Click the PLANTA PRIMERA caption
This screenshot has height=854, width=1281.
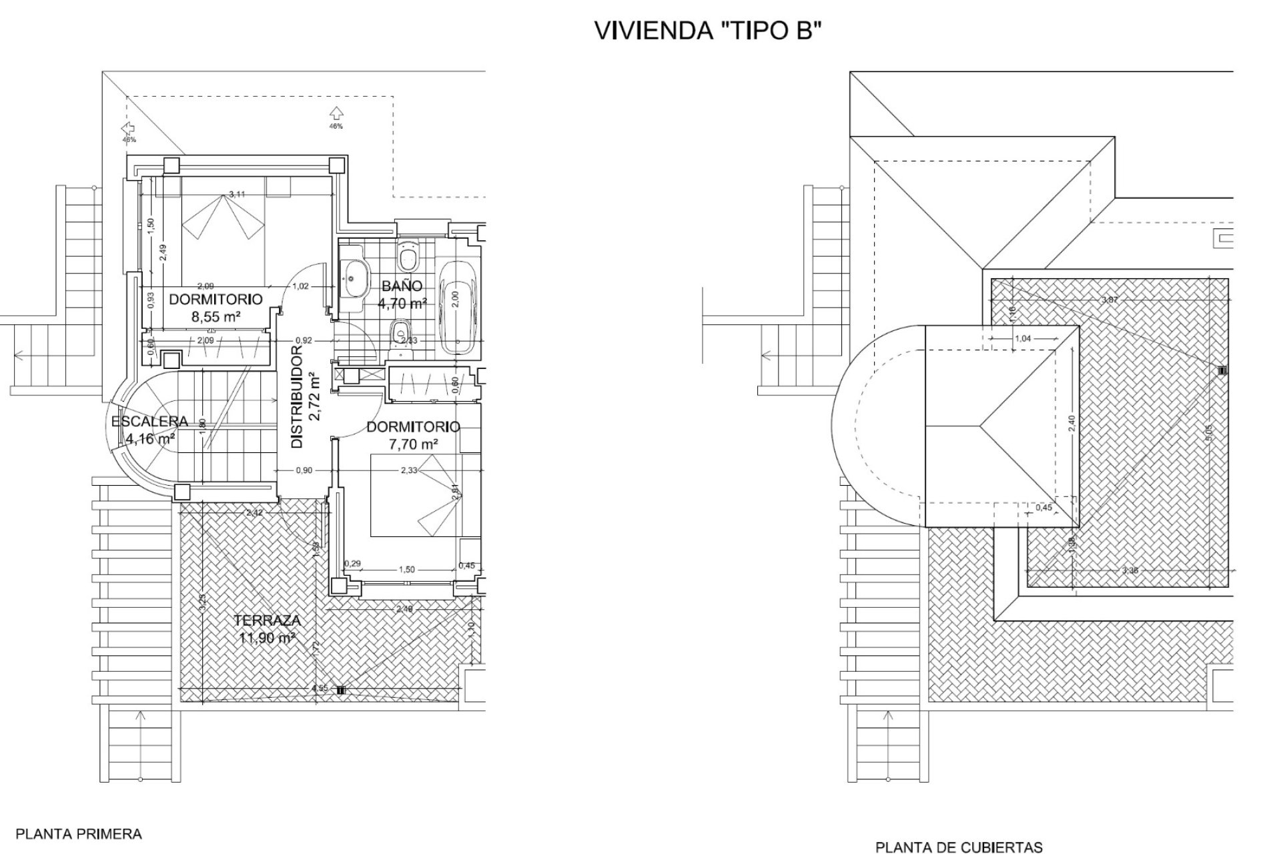(79, 834)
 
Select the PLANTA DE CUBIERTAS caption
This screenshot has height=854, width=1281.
(959, 848)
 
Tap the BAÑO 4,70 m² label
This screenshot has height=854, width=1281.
(402, 295)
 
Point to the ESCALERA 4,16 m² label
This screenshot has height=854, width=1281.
(149, 430)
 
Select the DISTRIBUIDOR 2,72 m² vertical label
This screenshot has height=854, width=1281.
(306, 396)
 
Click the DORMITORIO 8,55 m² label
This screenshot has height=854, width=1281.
(216, 308)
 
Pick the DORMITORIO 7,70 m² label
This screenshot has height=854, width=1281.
(413, 434)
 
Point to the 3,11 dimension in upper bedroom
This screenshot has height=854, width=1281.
(237, 194)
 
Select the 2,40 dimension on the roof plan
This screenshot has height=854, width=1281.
(1072, 423)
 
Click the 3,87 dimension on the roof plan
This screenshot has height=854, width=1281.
(1110, 300)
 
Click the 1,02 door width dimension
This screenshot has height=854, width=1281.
(301, 286)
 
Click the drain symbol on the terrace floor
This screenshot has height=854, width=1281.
(341, 691)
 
